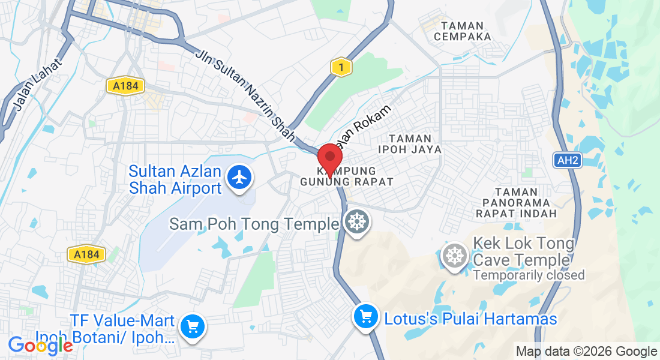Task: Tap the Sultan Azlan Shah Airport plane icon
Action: point(239,178)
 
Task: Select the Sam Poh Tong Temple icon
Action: point(357,223)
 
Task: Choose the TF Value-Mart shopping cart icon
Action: point(193,326)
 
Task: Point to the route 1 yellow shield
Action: point(341,68)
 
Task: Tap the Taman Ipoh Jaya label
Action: point(410,143)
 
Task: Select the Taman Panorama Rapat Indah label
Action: point(516,202)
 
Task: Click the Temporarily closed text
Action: point(529,275)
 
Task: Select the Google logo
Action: point(40,346)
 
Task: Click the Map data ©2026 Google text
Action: point(586,352)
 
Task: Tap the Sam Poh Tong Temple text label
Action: point(254,224)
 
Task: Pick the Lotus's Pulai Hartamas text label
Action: point(471,319)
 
